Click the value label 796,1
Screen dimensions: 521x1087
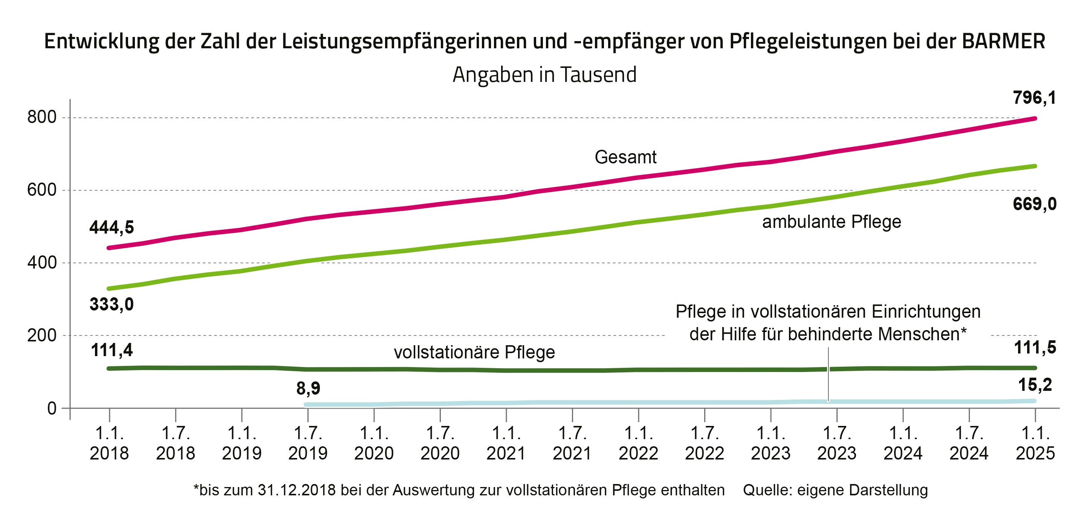tap(1034, 98)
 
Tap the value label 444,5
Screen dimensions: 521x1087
tap(112, 228)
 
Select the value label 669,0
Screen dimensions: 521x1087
tap(1034, 204)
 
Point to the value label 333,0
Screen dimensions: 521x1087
tap(112, 304)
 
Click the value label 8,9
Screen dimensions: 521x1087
tap(308, 388)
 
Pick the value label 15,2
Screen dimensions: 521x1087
tap(1035, 385)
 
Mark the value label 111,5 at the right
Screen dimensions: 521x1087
tap(1035, 348)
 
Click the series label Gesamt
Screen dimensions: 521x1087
tap(625, 157)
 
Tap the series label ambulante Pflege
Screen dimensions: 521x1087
tap(831, 222)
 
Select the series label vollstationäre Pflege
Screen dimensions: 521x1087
tap(474, 352)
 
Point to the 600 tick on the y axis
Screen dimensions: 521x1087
tap(42, 190)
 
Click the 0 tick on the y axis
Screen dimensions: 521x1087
tap(52, 409)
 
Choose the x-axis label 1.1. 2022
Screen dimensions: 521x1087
tap(638, 443)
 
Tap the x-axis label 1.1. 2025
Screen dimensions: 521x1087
tap(1035, 443)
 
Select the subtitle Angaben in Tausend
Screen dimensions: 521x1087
tap(544, 75)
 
